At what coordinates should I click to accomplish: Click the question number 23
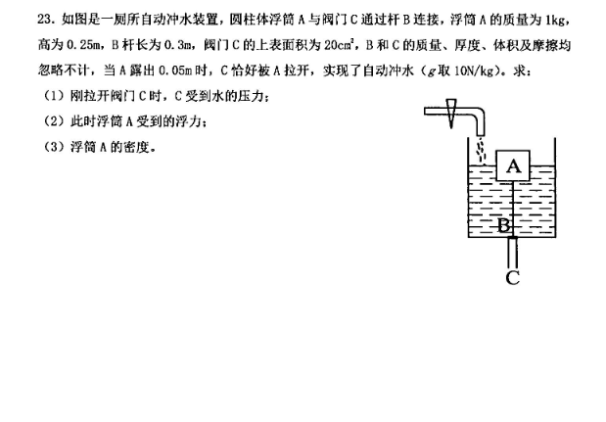coord(47,19)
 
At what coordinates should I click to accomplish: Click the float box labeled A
coord(513,165)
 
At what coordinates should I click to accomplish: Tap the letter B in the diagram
coord(503,225)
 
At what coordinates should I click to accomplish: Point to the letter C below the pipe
coord(512,278)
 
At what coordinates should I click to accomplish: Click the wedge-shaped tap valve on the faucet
coord(451,113)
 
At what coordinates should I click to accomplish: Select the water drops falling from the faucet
coord(481,151)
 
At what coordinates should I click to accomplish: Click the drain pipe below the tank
coord(512,253)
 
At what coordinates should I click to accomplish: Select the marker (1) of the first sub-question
coord(54,96)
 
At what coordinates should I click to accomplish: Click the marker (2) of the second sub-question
coord(54,121)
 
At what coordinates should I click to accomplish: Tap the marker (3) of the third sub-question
coord(54,147)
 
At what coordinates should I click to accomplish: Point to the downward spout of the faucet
coord(480,123)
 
